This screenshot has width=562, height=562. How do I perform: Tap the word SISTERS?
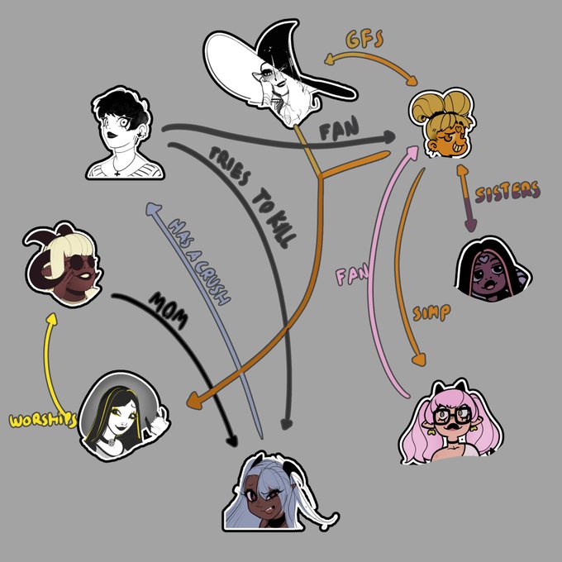click(507, 192)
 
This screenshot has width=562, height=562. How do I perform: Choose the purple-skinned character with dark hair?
click(493, 269)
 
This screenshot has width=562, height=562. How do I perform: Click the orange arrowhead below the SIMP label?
click(421, 360)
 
